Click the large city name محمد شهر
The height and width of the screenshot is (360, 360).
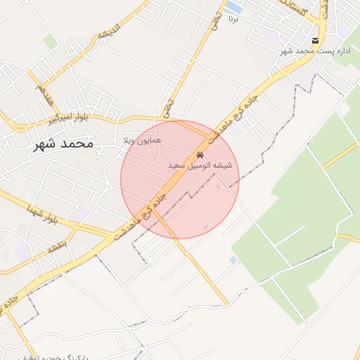(63, 143)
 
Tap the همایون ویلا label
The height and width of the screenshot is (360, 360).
(142, 141)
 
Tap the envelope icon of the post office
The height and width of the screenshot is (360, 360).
(316, 41)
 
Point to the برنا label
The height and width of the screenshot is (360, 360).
(235, 20)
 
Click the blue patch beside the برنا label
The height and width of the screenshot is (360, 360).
(234, 8)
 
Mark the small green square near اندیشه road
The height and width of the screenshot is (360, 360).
(50, 41)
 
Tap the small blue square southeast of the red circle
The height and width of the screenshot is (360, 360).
(233, 260)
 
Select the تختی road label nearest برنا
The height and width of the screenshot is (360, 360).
(216, 22)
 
